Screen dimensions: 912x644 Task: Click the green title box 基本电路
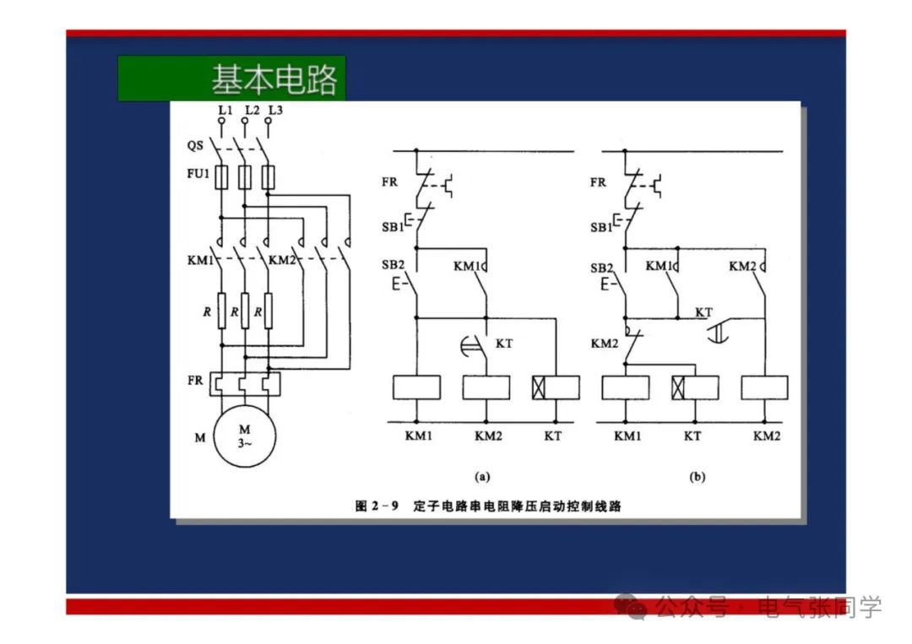[231, 78]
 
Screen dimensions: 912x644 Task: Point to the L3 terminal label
[275, 111]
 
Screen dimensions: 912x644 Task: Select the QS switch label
[195, 145]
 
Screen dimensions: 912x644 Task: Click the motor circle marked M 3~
[244, 436]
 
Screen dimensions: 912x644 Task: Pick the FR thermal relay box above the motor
[244, 384]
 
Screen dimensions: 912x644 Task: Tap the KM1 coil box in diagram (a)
[417, 387]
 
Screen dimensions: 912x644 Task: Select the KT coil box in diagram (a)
[556, 387]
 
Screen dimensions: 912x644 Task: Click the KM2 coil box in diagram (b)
[764, 387]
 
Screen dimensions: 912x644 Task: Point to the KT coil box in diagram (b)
[694, 387]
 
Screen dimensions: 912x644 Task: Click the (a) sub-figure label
[482, 477]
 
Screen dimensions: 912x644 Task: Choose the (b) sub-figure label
[697, 477]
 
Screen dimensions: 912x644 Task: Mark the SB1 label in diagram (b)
[600, 227]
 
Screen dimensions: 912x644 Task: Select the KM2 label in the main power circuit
[281, 259]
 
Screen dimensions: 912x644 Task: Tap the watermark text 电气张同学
[819, 606]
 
